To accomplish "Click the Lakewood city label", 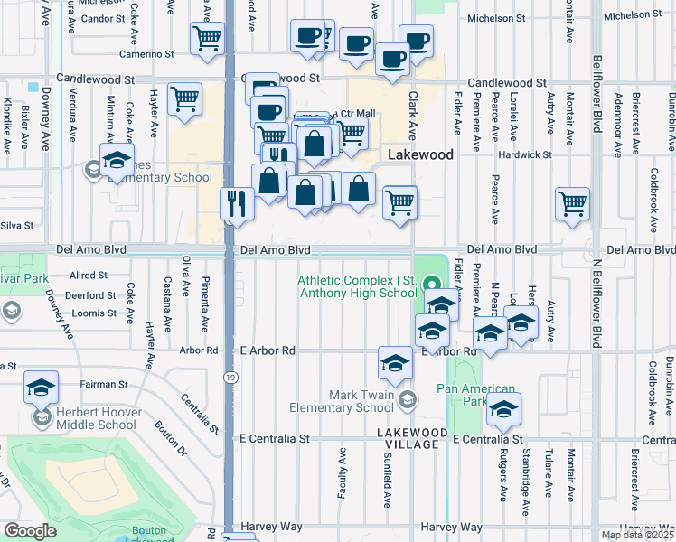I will coord(420,154).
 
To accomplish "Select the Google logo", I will coord(30,531).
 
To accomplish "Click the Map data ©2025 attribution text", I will coord(637,535).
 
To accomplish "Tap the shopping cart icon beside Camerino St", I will coord(207,39).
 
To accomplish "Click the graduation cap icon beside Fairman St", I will coord(41,387).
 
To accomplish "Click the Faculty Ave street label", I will coord(343,470).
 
